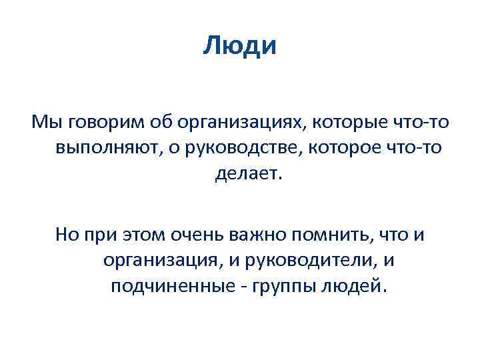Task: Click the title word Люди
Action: point(240,46)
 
